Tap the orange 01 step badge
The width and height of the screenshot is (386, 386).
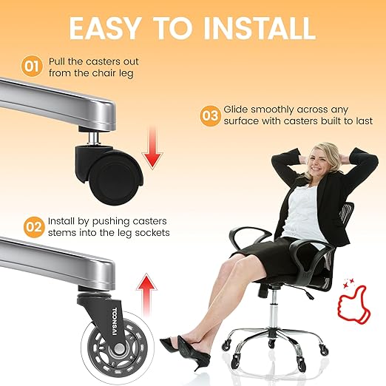(x=32, y=67)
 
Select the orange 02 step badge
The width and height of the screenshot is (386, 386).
(x=34, y=227)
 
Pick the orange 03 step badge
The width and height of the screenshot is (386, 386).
(x=210, y=116)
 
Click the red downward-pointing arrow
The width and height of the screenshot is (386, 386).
(x=152, y=148)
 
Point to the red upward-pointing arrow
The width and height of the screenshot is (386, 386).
(x=146, y=294)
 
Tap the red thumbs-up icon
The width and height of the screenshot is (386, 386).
(x=353, y=305)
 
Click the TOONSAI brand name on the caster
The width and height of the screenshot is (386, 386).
(x=115, y=321)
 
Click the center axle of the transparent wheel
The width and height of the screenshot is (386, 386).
(x=119, y=348)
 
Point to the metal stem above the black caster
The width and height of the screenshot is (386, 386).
(x=93, y=139)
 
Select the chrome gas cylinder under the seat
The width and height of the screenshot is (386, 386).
(x=272, y=311)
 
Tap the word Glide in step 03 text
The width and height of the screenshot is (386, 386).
(x=236, y=109)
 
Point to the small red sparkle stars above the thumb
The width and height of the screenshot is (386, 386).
(x=349, y=282)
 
